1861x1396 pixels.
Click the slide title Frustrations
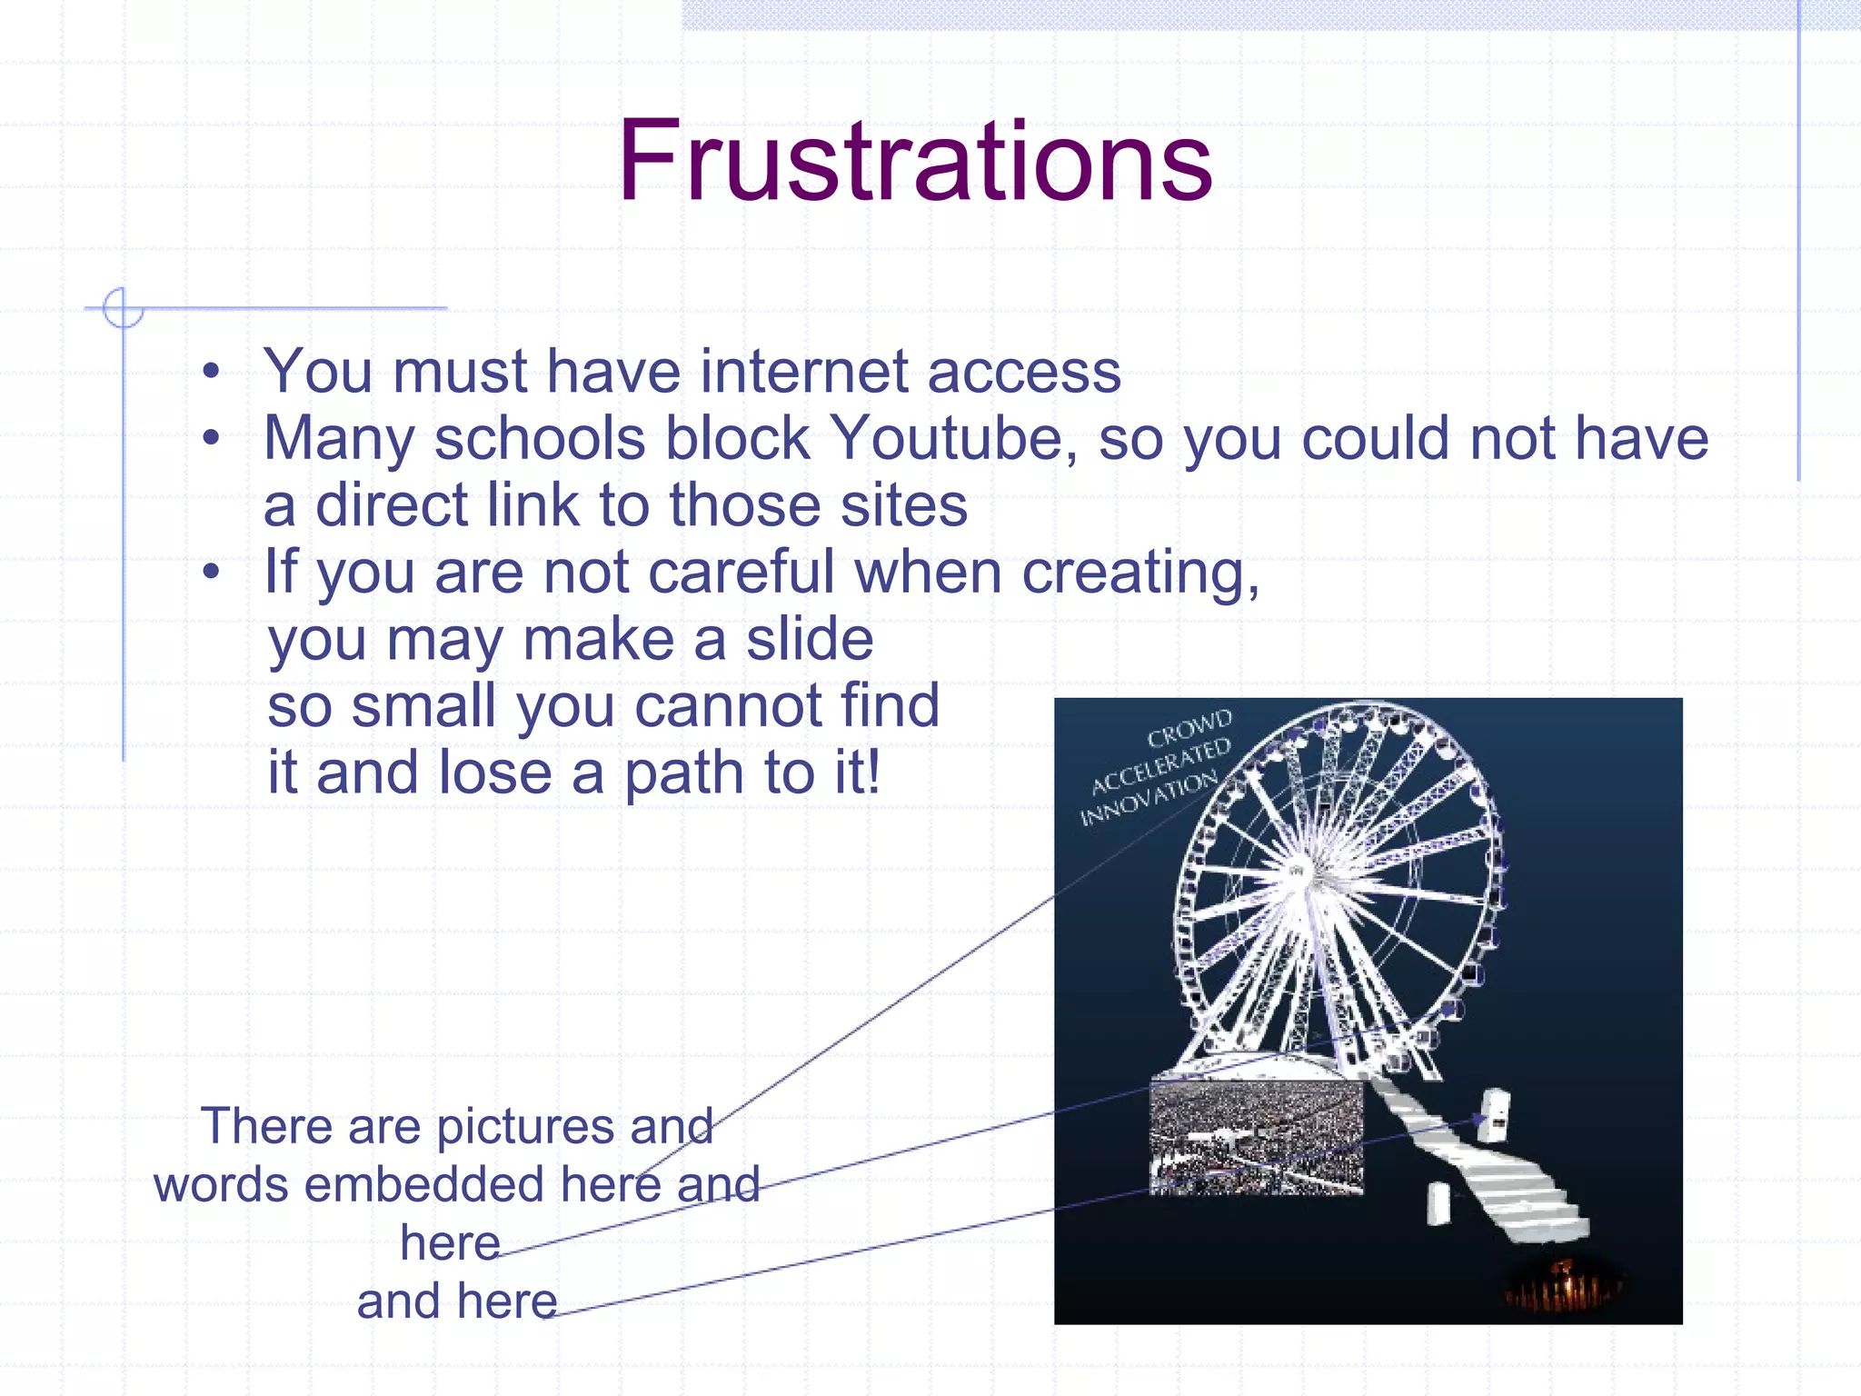[915, 162]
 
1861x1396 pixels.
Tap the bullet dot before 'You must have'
[211, 372]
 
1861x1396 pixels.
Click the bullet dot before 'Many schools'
[211, 438]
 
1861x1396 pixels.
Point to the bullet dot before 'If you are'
[211, 573]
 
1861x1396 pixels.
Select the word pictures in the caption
[529, 1127]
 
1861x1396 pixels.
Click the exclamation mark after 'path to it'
[873, 773]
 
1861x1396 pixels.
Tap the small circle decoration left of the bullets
[123, 308]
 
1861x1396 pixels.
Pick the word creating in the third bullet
[1140, 573]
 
